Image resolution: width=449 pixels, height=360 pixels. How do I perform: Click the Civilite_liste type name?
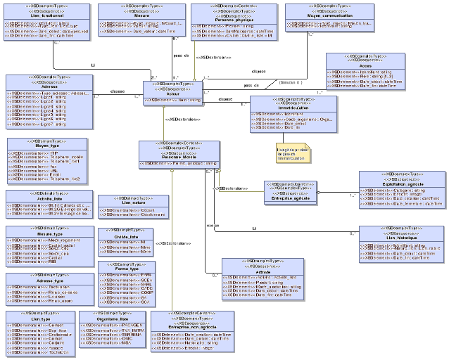(x=125, y=236)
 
